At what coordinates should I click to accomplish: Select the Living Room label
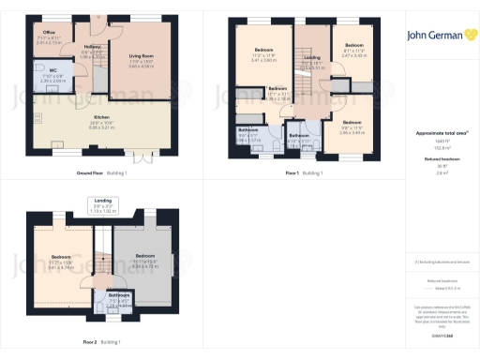pos(141,59)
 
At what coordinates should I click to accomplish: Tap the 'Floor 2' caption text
pos(90,340)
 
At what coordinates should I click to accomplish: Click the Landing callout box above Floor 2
pos(104,205)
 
